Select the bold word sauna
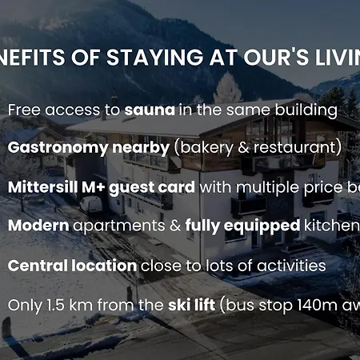tap(150, 110)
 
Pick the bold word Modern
tap(38, 226)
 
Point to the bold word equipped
tap(256, 226)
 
